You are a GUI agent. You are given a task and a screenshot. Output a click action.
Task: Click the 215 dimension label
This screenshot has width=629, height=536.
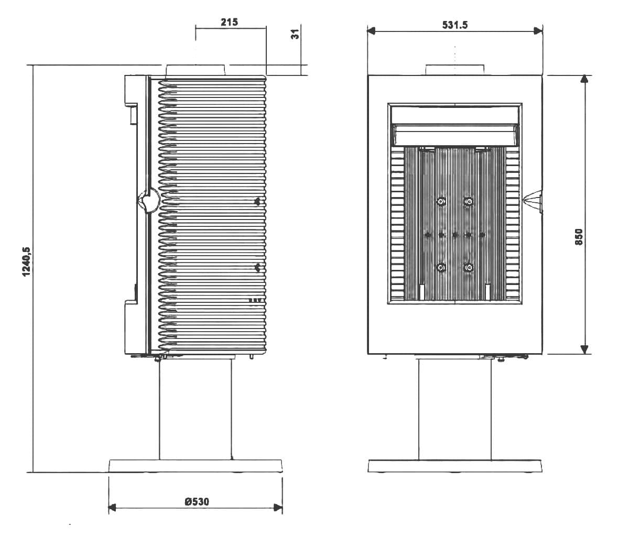point(229,22)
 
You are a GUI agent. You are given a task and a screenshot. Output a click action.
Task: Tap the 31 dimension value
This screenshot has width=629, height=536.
point(296,34)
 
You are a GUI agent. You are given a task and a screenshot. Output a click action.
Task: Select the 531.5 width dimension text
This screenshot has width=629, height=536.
point(454,25)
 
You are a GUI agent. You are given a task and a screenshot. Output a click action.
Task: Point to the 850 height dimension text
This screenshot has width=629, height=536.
point(579,237)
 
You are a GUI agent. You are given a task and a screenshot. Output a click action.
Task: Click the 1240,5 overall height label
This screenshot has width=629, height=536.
point(27,261)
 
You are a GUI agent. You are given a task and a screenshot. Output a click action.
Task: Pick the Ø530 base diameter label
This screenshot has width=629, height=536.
point(197,501)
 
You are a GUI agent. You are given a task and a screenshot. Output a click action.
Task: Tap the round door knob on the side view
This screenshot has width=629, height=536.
point(149,200)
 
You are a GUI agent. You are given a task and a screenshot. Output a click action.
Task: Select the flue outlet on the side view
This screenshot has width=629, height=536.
point(196,70)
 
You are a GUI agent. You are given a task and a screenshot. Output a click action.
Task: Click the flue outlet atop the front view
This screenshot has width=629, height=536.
point(454,70)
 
